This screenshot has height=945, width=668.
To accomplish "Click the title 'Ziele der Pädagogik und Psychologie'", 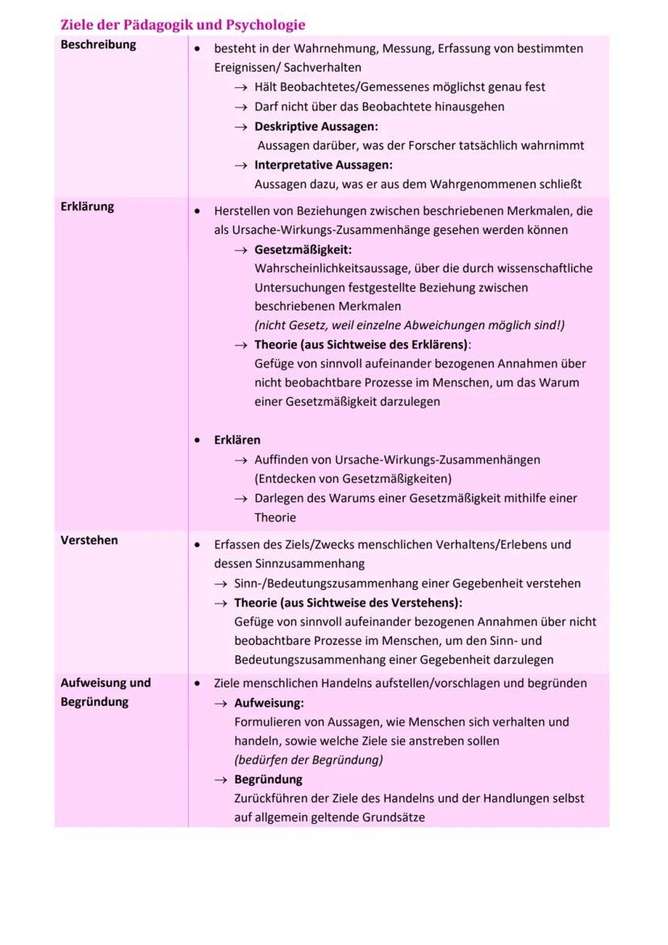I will point(182,25).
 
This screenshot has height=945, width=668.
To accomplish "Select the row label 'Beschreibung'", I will point(98,45).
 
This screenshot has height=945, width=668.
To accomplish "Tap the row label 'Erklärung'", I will point(87,207).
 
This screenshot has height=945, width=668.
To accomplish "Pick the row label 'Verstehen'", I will point(89,541).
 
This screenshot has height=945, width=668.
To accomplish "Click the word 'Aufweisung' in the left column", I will point(94,683).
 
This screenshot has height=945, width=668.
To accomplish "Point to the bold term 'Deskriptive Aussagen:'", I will point(316,127).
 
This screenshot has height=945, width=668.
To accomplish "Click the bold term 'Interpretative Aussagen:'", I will point(324,165).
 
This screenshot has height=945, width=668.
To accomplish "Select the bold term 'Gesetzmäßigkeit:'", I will point(303,249).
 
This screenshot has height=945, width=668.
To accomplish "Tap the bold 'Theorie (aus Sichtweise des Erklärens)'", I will point(361,345).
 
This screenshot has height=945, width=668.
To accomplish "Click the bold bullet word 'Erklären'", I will point(237,441).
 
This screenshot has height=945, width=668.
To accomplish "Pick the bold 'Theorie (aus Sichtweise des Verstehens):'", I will point(348,603).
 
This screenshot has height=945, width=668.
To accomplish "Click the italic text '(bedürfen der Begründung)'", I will point(308,760).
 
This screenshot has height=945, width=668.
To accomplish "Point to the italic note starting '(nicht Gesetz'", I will point(409,325).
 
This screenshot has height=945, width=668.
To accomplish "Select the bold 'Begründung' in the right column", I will point(268,780).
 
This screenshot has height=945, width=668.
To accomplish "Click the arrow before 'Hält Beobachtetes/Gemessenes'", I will point(240,87).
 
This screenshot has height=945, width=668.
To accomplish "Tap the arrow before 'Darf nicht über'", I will point(240,107).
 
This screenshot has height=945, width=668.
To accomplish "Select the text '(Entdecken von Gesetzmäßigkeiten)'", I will point(353,479).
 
